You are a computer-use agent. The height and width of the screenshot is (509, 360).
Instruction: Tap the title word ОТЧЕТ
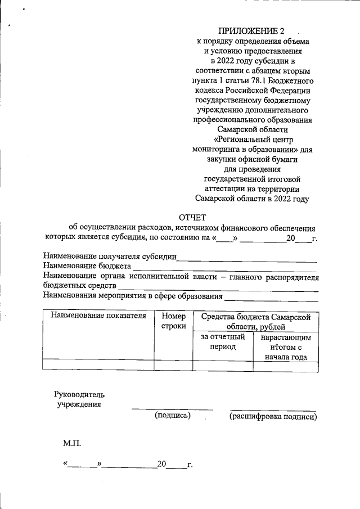click(193, 217)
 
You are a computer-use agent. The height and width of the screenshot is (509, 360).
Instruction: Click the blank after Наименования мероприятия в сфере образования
click(271, 296)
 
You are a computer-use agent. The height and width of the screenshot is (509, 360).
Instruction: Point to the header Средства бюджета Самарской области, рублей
click(256, 321)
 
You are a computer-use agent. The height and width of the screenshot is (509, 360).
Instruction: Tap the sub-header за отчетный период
click(223, 342)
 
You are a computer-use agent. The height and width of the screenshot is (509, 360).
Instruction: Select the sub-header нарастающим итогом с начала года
click(286, 347)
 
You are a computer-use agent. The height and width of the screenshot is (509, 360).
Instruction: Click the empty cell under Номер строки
click(173, 365)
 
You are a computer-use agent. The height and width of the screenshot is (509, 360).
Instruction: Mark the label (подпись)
click(173, 416)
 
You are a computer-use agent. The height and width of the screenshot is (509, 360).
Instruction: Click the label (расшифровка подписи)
click(273, 417)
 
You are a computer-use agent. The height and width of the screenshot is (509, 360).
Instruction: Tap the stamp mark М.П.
click(72, 444)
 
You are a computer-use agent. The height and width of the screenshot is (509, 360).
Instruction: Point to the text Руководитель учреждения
click(79, 399)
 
